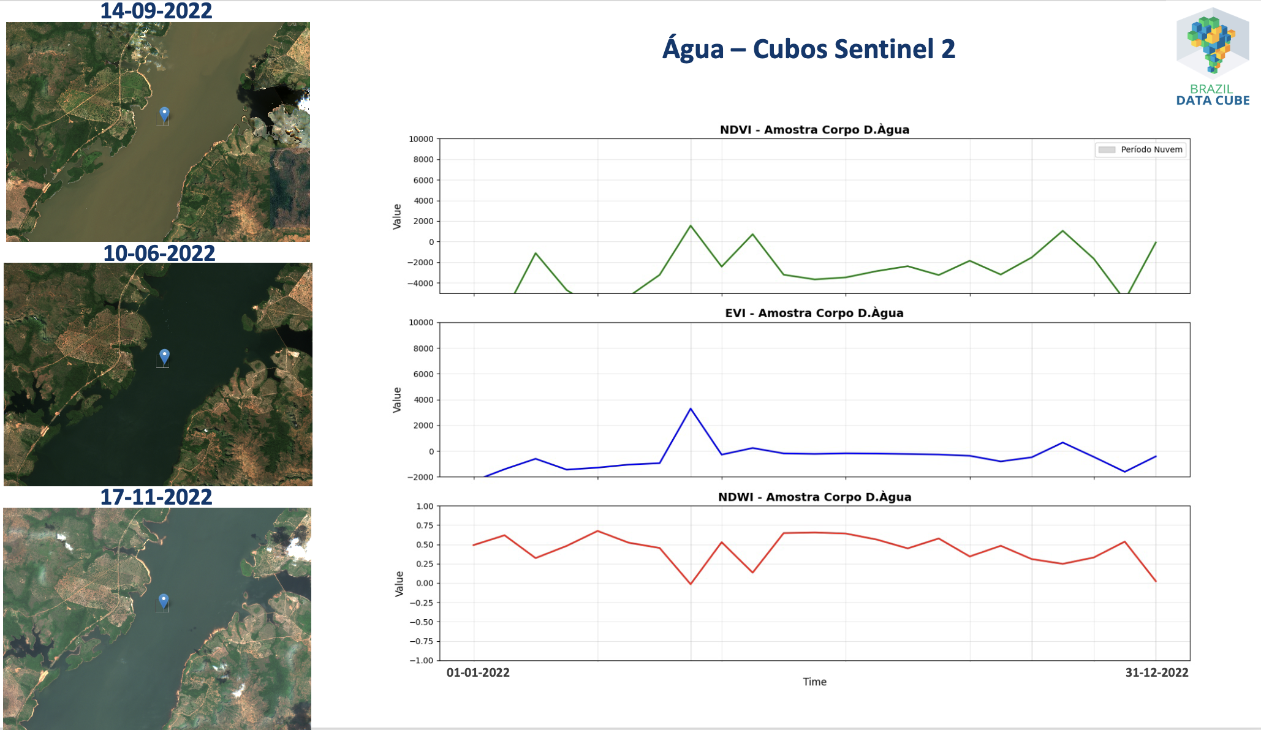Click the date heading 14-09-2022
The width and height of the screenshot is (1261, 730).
pyautogui.click(x=156, y=11)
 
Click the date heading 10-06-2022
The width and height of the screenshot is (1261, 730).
pyautogui.click(x=159, y=253)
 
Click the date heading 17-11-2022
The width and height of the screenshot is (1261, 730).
pyautogui.click(x=156, y=497)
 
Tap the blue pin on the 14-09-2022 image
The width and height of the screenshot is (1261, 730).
pyautogui.click(x=164, y=114)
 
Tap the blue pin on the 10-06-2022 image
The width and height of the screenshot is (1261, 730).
pyautogui.click(x=164, y=356)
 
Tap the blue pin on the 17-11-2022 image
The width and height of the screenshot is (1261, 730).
pyautogui.click(x=164, y=600)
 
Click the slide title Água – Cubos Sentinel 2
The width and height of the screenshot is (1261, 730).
pyautogui.click(x=809, y=49)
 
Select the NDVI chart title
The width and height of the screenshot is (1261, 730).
pyautogui.click(x=814, y=130)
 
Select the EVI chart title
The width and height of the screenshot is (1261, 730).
pyautogui.click(x=814, y=313)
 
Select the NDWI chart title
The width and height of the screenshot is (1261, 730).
pyautogui.click(x=814, y=497)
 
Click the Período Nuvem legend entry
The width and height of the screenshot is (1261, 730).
pyautogui.click(x=1141, y=149)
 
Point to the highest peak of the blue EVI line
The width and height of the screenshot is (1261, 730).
pyautogui.click(x=691, y=408)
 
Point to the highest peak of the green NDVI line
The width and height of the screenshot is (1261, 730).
pyautogui.click(x=691, y=226)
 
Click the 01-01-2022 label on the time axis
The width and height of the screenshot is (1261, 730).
pyautogui.click(x=478, y=672)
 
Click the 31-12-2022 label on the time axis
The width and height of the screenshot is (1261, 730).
pyautogui.click(x=1157, y=672)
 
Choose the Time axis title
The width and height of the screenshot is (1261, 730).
pyautogui.click(x=814, y=682)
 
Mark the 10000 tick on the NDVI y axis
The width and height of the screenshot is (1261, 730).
pyautogui.click(x=421, y=139)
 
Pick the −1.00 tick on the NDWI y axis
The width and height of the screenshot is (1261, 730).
pyautogui.click(x=421, y=660)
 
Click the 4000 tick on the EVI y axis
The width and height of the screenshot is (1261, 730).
pyautogui.click(x=423, y=400)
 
